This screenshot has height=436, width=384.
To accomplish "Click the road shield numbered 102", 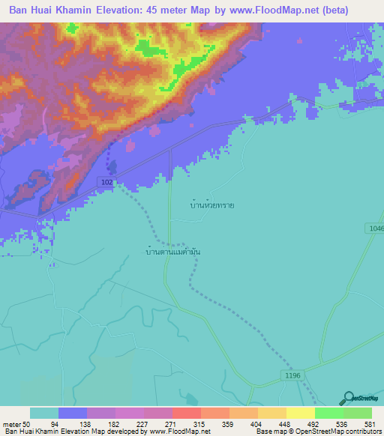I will point(106,182).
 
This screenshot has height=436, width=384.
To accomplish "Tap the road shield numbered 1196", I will point(292,375).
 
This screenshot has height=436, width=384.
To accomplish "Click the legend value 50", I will point(26,423).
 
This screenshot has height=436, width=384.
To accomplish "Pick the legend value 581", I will point(367,423).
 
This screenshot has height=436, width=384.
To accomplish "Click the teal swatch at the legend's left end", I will point(43,413).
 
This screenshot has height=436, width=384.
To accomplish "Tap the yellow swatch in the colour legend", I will point(300,413).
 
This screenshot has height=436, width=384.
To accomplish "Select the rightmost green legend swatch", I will point(357,413).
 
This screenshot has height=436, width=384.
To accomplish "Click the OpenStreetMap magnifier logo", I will point(346,399).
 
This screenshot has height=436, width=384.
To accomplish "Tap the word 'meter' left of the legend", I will point(12,423).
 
